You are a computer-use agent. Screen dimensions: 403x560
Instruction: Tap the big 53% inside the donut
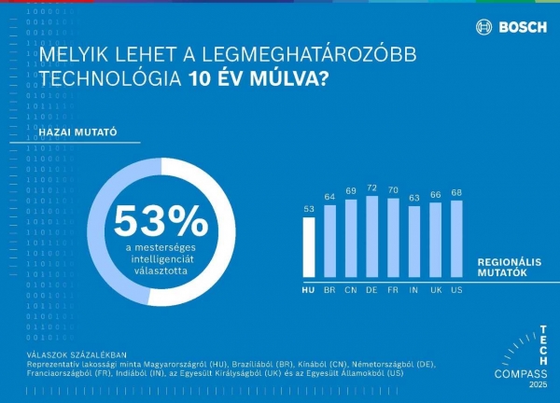[x=161, y=220]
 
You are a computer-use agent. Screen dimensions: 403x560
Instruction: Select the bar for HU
[x=309, y=246]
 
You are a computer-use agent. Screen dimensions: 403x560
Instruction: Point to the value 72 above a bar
[x=372, y=188]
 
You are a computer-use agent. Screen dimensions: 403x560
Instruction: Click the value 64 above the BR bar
[x=329, y=197]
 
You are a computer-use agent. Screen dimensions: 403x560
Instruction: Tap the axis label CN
[x=351, y=290]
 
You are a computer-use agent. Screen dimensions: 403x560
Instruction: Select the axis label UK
[x=436, y=290]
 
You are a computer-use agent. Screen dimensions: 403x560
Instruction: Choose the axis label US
[x=456, y=290]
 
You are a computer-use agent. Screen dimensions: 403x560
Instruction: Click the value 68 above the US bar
[x=456, y=193]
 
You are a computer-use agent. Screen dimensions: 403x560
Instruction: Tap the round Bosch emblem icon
[x=483, y=27]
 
